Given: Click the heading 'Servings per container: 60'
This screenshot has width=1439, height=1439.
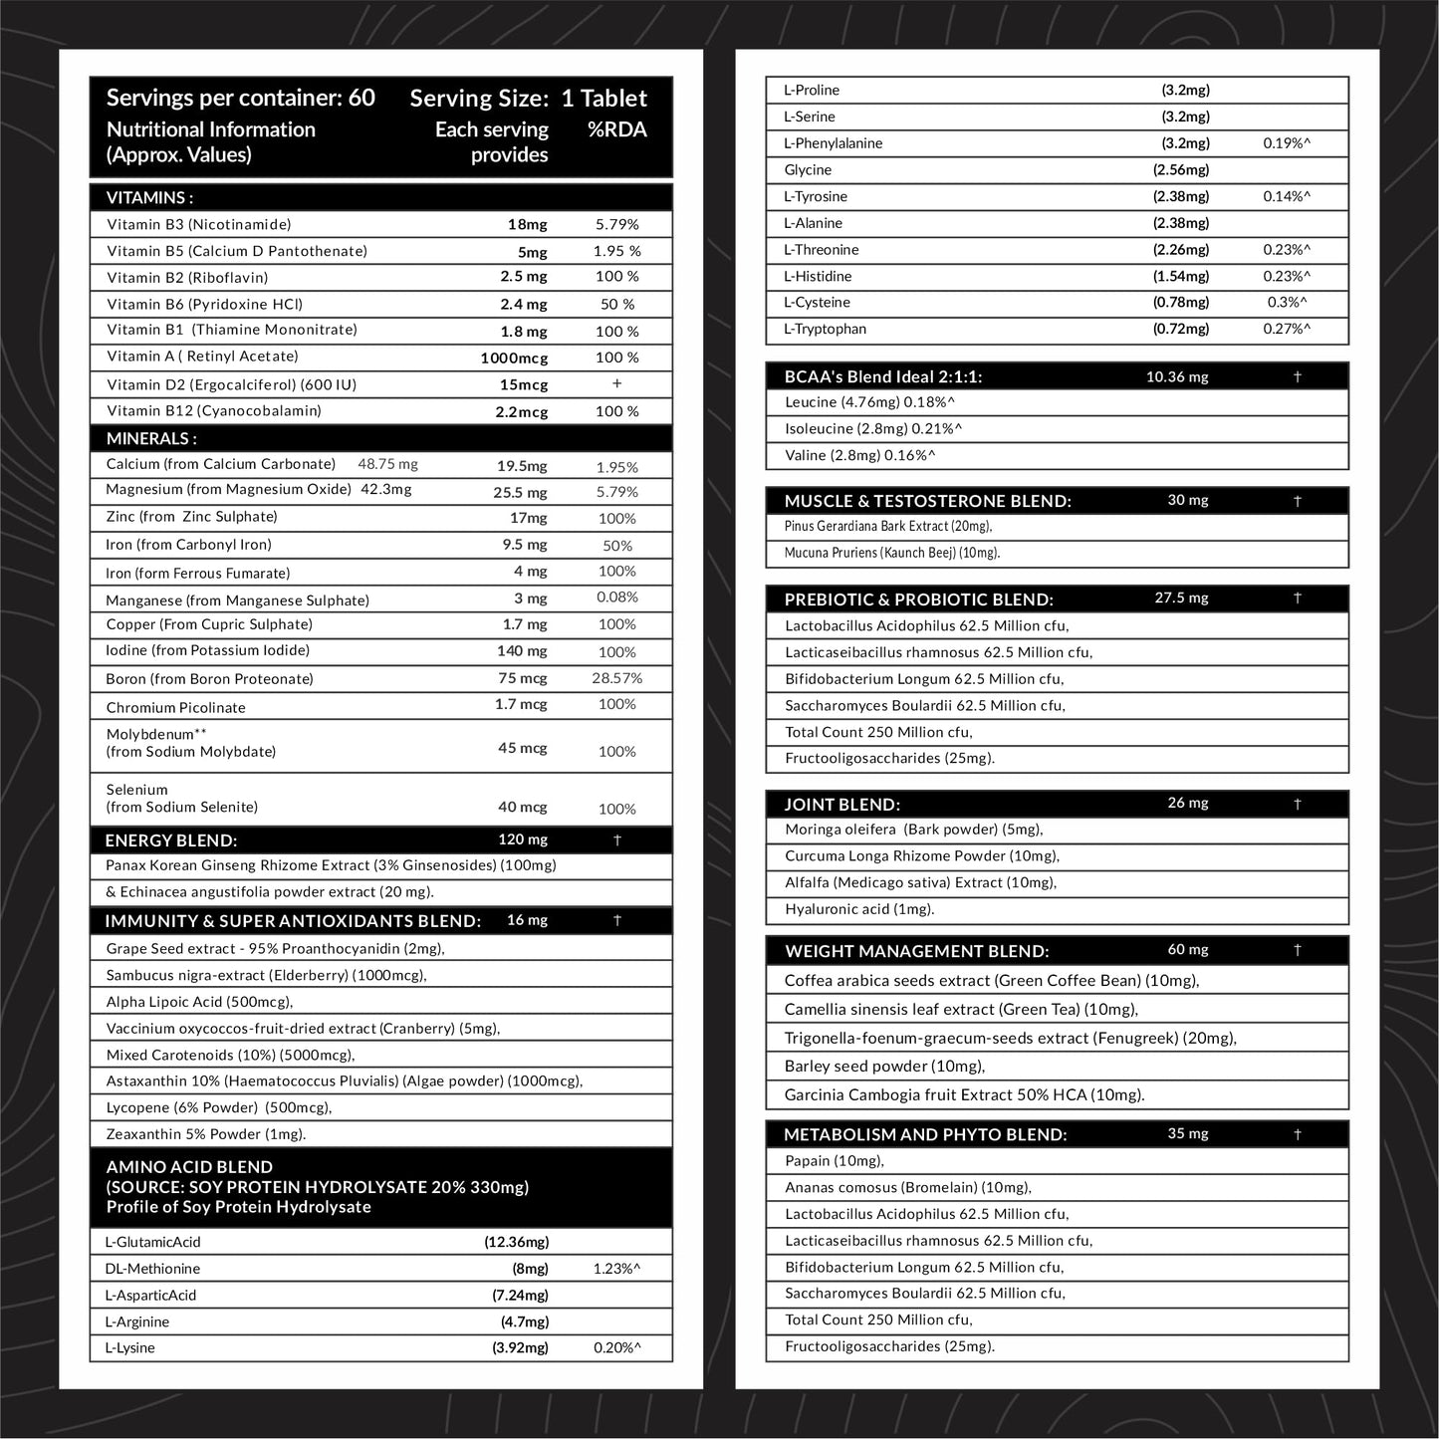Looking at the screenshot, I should point(240,98).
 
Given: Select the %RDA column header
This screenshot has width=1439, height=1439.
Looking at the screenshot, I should point(616,129).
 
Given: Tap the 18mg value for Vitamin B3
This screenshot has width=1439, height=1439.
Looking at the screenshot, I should point(527,225).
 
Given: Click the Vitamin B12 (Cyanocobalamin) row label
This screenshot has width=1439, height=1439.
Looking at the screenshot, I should point(214,410).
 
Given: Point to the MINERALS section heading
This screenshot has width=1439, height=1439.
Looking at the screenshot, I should point(151,438).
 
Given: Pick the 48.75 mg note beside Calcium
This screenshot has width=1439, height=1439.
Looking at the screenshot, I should point(387,464).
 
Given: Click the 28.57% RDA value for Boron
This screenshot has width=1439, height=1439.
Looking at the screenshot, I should point(616,678).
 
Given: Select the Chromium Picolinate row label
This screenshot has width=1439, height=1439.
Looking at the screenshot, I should point(175,707).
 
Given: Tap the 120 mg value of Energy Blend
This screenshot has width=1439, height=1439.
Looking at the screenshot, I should point(523,839).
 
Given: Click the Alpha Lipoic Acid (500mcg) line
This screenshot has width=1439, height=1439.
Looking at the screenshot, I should point(199,1002).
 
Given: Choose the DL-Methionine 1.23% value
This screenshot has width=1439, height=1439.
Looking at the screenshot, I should point(616,1269).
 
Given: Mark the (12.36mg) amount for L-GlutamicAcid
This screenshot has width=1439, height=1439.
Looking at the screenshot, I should point(516,1242).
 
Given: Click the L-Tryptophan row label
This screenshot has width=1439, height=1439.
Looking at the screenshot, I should point(825,329).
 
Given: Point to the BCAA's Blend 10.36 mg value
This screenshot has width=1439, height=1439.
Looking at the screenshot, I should point(1177,376).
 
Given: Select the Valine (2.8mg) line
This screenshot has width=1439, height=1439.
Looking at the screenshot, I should point(859,455).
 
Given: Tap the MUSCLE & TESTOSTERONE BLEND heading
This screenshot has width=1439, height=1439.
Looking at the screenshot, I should point(927,501).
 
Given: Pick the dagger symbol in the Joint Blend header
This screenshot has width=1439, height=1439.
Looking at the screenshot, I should point(1297,804).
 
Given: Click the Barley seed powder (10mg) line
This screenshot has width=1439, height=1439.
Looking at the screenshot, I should point(884,1066).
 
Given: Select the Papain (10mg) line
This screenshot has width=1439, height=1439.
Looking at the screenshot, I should point(834,1160).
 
